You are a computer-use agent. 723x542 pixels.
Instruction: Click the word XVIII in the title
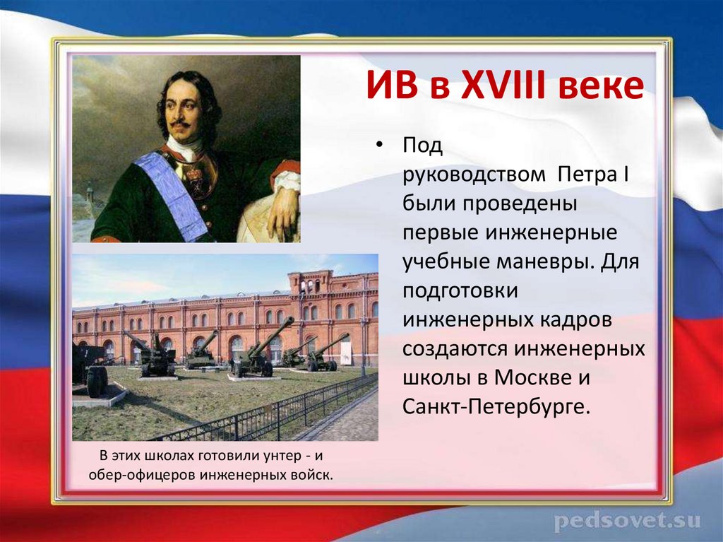(491, 89)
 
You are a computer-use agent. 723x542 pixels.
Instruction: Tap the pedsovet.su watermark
(627, 522)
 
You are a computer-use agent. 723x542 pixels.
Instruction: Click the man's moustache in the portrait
(181, 124)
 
